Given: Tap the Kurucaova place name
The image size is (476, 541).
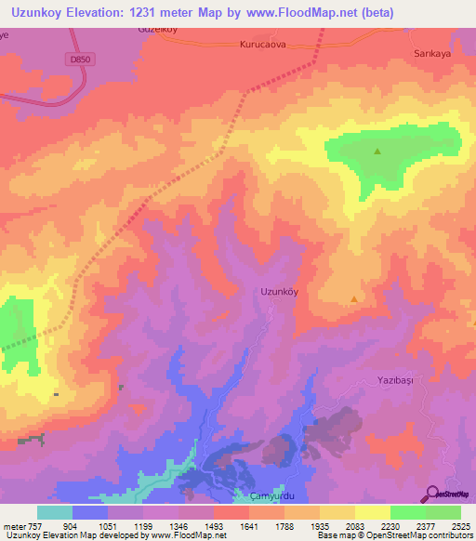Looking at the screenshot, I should (265, 44).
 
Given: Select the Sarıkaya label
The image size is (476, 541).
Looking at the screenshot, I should (431, 54).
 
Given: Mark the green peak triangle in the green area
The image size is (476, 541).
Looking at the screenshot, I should (377, 152).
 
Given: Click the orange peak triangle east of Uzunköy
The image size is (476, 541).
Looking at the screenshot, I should (354, 299).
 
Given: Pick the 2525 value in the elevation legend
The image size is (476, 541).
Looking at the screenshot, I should (461, 525).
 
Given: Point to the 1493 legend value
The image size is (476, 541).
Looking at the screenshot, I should (214, 525).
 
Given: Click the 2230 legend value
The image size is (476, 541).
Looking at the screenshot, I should (390, 525).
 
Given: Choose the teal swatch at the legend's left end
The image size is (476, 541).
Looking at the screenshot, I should (54, 512).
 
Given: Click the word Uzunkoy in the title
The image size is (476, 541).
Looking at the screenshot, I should (42, 13).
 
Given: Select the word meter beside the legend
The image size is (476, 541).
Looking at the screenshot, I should (13, 525).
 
